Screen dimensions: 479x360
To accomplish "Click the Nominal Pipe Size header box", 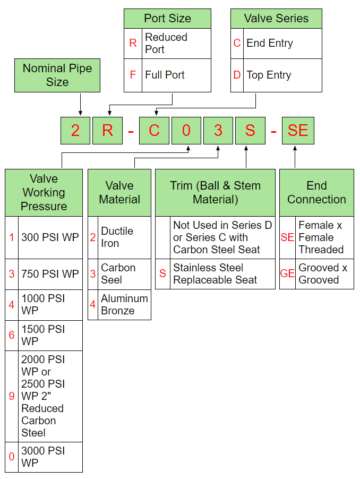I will [x=57, y=75].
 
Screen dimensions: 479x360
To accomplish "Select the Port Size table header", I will [x=167, y=19].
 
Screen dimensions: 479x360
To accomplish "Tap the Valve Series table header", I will [x=276, y=19].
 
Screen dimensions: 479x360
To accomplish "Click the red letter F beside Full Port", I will [x=133, y=75].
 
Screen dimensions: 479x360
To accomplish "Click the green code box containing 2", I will [x=75, y=131].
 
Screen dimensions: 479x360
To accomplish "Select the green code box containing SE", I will [x=297, y=131].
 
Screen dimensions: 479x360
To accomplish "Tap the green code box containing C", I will [x=154, y=131].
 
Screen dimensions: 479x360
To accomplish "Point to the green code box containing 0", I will [x=186, y=131].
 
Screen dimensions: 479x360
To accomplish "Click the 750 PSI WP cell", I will [x=50, y=274].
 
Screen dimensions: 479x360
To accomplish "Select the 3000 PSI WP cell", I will [x=50, y=457].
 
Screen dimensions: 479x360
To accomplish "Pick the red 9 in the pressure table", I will [x=12, y=396].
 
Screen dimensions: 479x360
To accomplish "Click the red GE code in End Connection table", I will [x=287, y=274].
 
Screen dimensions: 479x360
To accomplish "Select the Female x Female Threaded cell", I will [x=324, y=237].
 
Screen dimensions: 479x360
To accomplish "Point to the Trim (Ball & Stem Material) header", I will [x=215, y=193].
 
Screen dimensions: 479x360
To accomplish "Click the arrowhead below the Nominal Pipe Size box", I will [x=80, y=112].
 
